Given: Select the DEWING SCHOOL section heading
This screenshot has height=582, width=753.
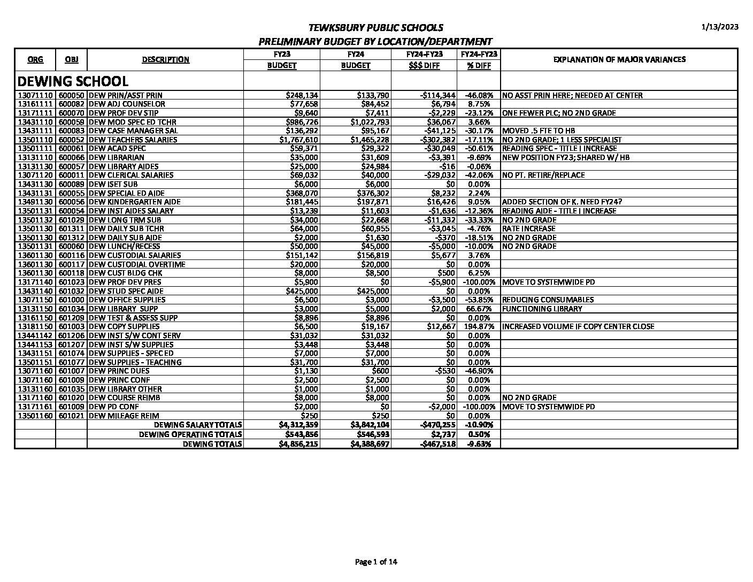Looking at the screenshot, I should click(73, 81).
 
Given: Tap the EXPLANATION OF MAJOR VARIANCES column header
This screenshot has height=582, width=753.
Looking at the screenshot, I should click(619, 59).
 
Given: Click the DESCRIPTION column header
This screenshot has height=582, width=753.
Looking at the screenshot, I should click(165, 59).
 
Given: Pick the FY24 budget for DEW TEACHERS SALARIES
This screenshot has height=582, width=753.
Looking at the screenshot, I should click(373, 140).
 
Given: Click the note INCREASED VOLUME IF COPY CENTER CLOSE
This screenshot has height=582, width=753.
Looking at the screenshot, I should click(578, 326).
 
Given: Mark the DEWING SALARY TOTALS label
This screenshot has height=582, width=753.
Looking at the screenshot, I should click(198, 425).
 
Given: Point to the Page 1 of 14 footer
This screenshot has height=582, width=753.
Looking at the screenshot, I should click(376, 562).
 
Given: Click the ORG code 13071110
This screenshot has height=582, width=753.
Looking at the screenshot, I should click(35, 95).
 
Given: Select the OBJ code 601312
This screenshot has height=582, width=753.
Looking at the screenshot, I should click(71, 238).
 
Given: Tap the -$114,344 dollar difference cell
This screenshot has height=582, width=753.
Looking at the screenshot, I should click(437, 95).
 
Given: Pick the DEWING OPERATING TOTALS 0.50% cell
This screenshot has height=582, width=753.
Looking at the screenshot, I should click(479, 434).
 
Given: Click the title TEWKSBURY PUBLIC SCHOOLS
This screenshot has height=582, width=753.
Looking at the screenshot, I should click(376, 28).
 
